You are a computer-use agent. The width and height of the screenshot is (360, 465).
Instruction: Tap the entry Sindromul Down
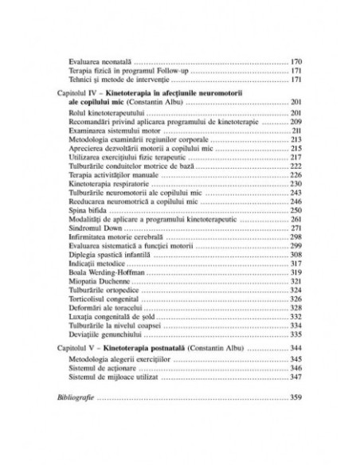[x=94, y=228]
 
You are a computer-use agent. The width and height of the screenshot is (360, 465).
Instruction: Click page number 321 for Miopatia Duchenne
[x=295, y=282]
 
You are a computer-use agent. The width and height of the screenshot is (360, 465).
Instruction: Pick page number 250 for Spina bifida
[x=295, y=209]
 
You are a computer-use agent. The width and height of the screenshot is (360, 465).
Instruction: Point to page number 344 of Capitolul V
[x=295, y=350]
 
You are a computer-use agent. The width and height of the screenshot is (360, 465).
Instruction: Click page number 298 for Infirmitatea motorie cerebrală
[x=295, y=236]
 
